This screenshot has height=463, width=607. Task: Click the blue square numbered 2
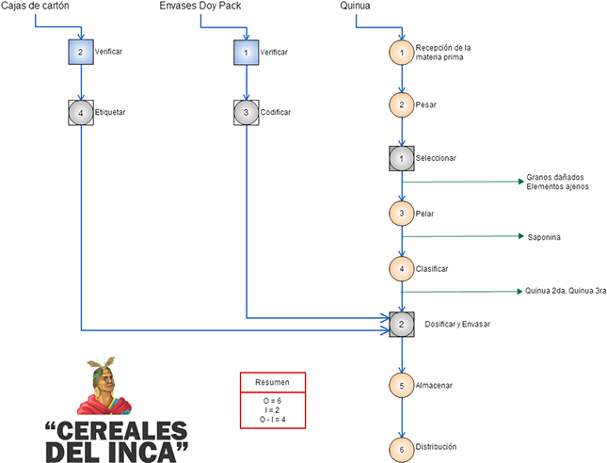point(81,53)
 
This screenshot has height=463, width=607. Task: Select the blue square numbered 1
point(246,53)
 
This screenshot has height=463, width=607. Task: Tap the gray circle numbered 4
point(81,114)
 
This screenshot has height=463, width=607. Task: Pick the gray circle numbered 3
point(246,114)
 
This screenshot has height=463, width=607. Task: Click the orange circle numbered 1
point(402,53)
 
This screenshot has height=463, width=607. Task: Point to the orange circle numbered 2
point(402,104)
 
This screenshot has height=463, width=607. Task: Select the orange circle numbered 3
point(402,214)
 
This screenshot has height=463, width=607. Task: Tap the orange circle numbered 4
point(402,268)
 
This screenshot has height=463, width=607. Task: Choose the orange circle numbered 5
point(402,386)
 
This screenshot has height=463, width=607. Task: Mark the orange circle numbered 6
point(402,450)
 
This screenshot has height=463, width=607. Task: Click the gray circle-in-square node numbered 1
point(402,158)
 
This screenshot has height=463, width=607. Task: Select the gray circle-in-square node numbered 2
point(402,325)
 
